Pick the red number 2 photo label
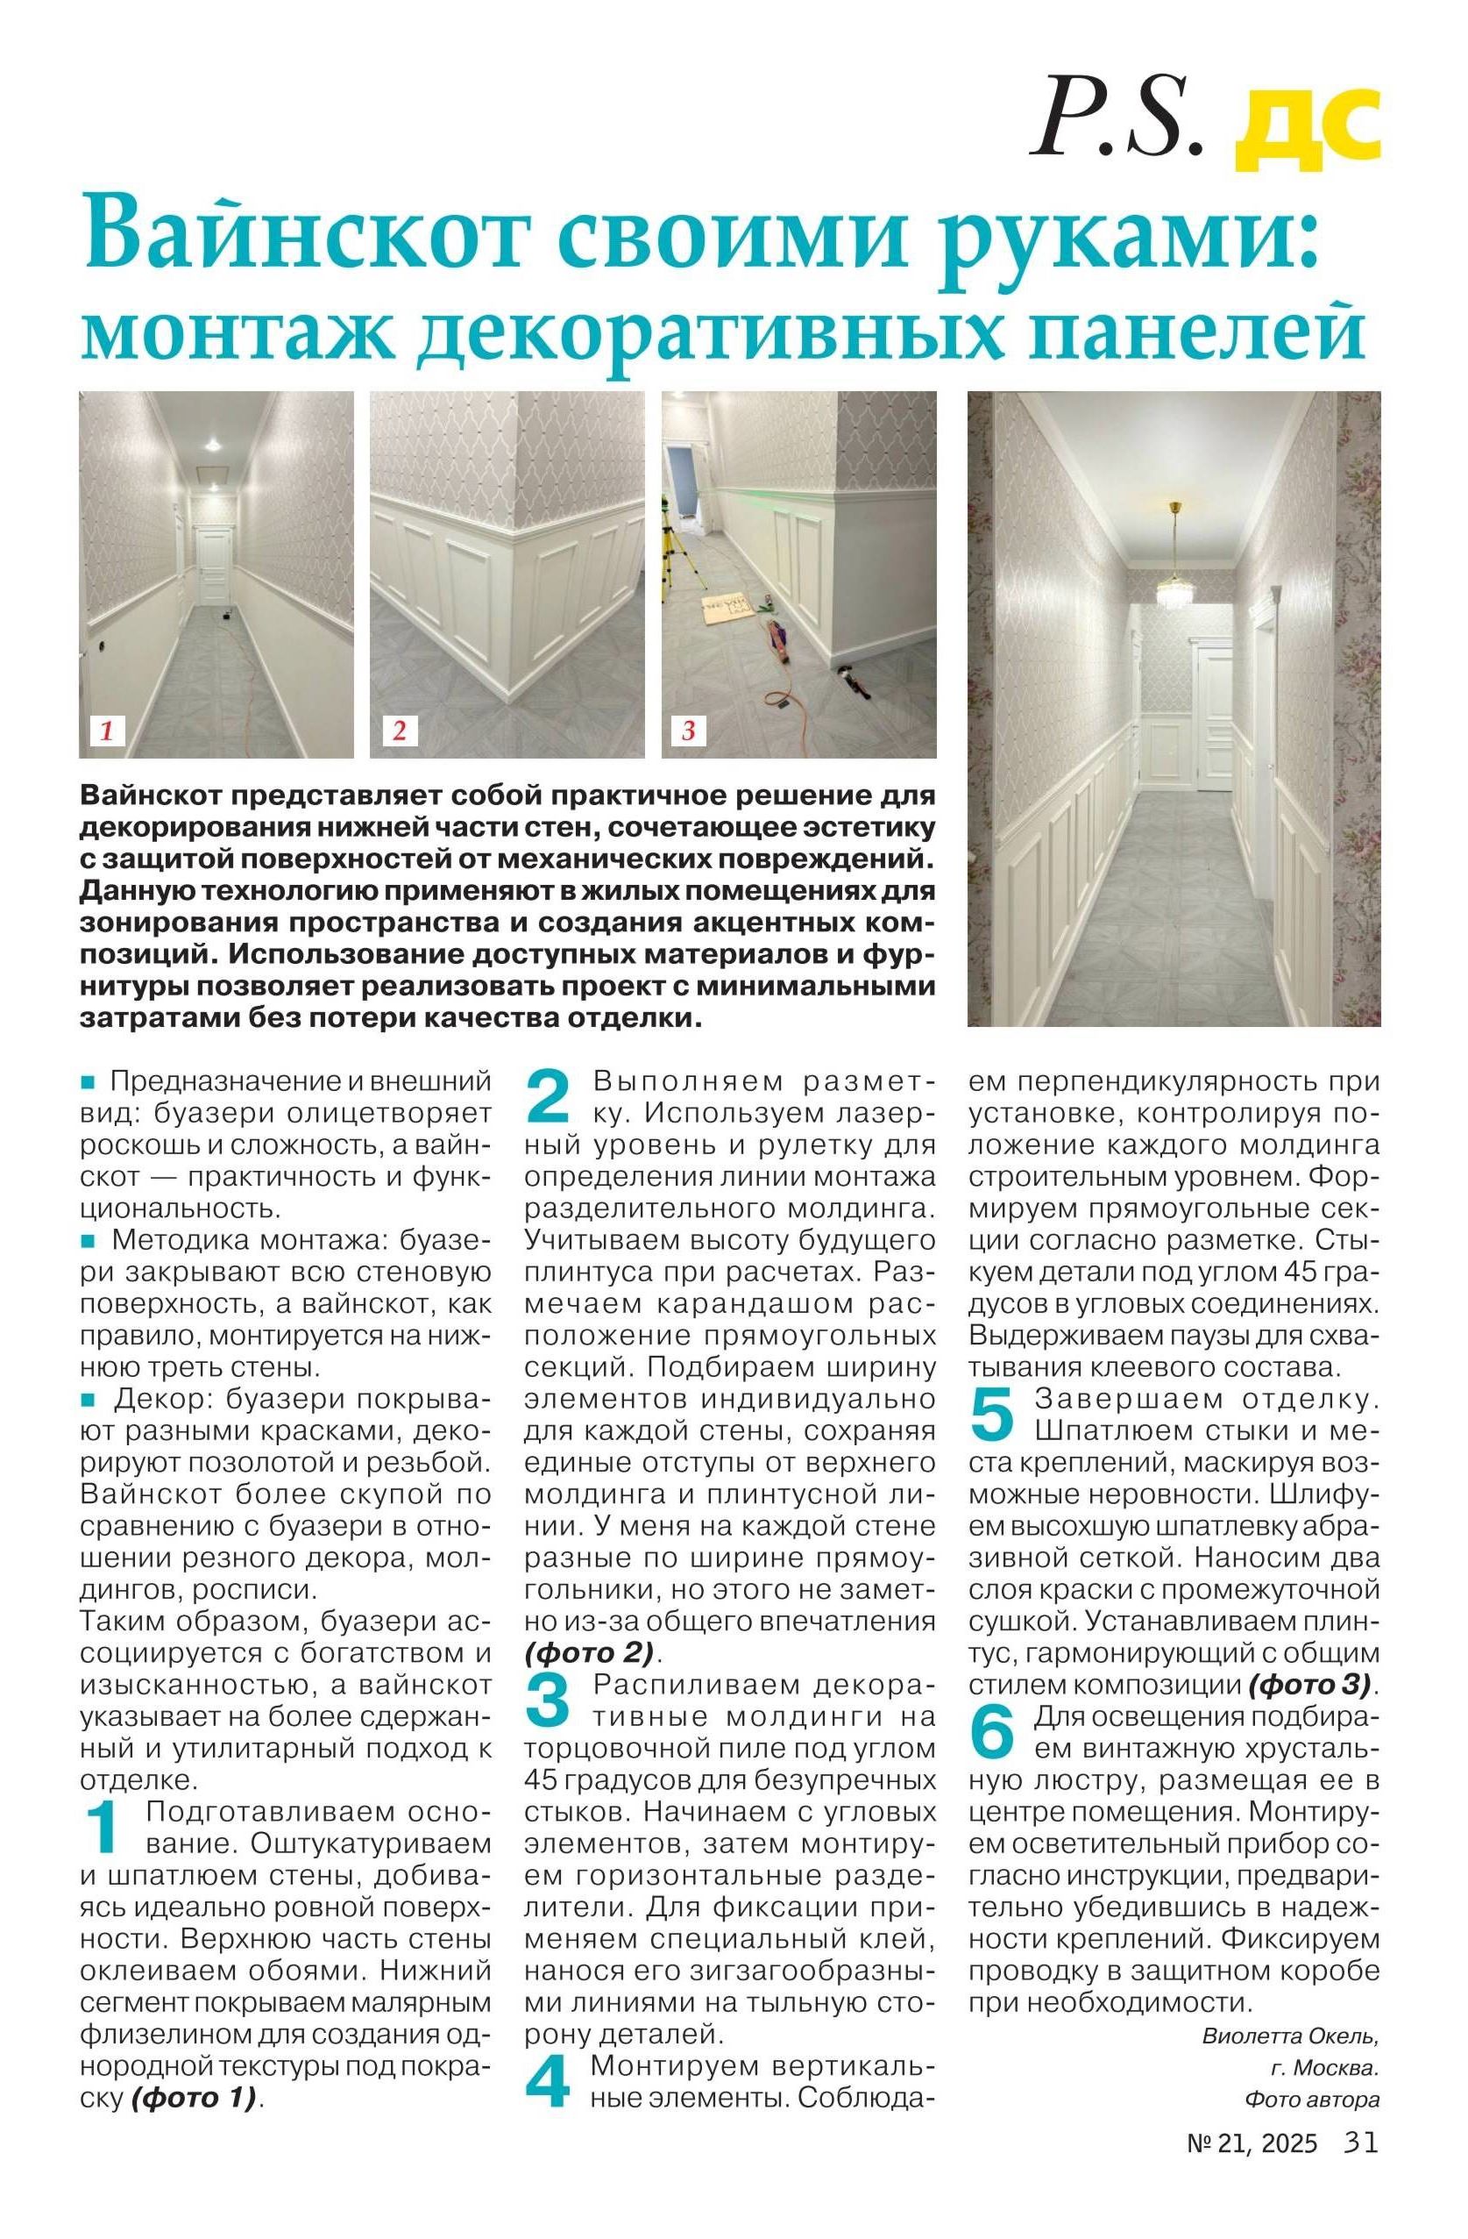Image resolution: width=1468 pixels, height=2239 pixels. (399, 731)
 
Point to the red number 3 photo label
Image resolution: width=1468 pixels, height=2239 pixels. (688, 731)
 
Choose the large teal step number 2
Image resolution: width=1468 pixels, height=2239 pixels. (548, 1096)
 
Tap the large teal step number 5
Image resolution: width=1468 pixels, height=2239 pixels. (992, 1414)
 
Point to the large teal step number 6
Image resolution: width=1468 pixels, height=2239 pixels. (992, 1732)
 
